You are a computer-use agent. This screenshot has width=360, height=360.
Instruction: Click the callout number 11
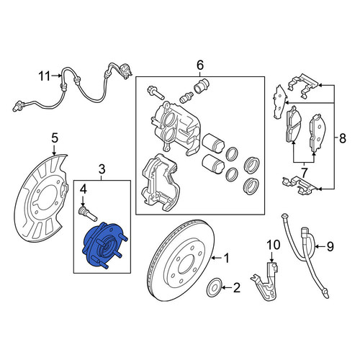(45, 76)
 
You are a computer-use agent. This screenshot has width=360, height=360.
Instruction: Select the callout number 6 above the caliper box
(200, 65)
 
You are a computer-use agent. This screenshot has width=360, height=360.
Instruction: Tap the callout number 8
(342, 138)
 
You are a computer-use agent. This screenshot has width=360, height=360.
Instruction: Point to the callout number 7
(304, 172)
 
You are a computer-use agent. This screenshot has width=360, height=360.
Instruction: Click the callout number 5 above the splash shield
(55, 138)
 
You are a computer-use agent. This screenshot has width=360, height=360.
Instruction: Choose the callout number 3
(102, 170)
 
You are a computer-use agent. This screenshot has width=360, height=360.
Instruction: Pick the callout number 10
(274, 245)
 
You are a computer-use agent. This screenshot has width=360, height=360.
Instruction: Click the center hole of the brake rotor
(187, 263)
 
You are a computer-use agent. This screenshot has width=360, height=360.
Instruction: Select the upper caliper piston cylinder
(213, 143)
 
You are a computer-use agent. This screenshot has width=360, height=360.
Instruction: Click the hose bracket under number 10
(265, 281)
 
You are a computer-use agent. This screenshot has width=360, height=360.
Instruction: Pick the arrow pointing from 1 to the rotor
(216, 258)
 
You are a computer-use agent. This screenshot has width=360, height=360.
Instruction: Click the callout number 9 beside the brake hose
(330, 246)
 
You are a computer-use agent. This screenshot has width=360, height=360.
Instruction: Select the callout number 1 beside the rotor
(226, 258)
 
